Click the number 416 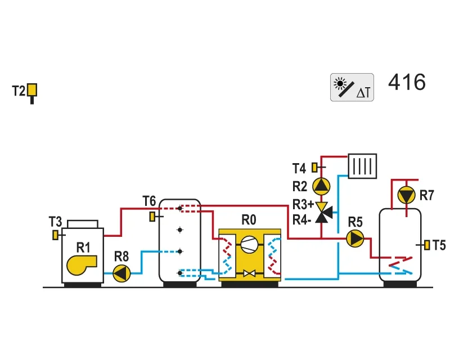click(407, 82)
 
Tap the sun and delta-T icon click(352, 87)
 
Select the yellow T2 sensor click(32, 90)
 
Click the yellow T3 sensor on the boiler click(55, 235)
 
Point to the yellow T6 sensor click(152, 217)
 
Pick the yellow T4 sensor click(315, 168)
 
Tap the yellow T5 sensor click(427, 245)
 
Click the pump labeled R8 click(121, 273)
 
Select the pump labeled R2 click(321, 186)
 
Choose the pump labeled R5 click(355, 238)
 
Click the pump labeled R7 click(406, 195)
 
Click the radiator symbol click(362, 166)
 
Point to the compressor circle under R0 click(249, 245)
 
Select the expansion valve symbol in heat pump click(249, 273)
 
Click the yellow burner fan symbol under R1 click(82, 265)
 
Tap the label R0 click(249, 220)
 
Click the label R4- click(301, 220)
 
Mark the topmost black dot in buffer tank click(180, 208)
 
